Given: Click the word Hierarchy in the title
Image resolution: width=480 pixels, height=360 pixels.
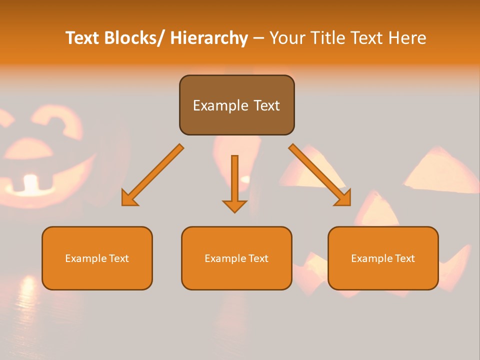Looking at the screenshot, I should point(209,38).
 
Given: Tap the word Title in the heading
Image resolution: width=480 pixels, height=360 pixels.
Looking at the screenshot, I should point(327,38).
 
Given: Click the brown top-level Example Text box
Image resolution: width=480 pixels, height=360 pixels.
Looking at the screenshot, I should point(236,105).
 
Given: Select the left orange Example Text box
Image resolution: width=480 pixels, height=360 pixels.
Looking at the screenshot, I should point(97,258).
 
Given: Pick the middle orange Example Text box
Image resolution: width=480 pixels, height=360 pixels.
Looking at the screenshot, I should point(236,258).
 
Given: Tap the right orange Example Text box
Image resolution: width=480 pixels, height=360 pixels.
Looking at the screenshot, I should point(383,258).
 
